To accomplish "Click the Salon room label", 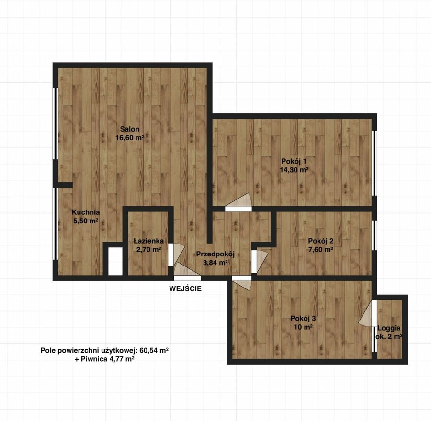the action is coord(130,129).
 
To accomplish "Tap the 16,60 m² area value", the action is coord(130,138).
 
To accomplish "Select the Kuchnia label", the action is coord(86,212).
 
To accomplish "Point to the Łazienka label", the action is coord(148,241).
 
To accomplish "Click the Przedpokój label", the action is coord(215,255).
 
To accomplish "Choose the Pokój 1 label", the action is coord(294,161).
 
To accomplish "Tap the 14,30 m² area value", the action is coord(294,170).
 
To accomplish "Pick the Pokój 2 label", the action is coord(321,241).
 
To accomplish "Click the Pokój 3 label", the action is coord(303,319).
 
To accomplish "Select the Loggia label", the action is coord(389,328).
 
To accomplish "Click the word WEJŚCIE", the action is coord(185,288).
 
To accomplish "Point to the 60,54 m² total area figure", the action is coord(154,350).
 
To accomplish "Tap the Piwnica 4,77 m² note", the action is coord(104,359).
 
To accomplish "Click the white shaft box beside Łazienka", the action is coord(115,261).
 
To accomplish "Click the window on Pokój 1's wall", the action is coord(374,163).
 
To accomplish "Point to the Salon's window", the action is coord(56,123).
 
